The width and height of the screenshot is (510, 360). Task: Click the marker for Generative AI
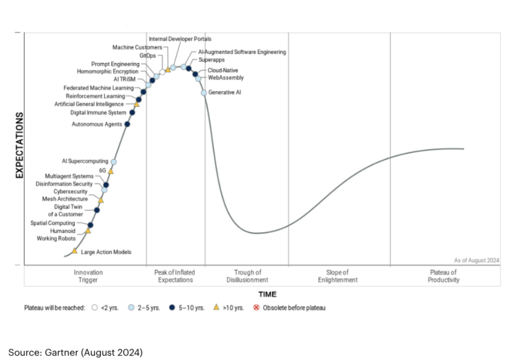(x=204, y=93)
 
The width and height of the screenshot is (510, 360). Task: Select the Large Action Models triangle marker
(x=75, y=251)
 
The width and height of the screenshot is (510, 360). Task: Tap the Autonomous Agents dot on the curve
(x=127, y=124)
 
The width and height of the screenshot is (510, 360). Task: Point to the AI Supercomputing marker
(x=114, y=162)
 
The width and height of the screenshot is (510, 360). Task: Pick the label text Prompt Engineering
(x=115, y=64)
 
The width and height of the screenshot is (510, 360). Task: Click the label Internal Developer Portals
(x=180, y=39)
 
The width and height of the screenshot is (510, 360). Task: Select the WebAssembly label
(x=226, y=78)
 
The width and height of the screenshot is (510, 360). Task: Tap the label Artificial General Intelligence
(x=89, y=104)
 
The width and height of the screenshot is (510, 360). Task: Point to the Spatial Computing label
(x=53, y=223)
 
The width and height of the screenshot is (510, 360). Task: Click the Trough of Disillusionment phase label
(x=247, y=276)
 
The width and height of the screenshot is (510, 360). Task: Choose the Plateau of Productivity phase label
(x=443, y=276)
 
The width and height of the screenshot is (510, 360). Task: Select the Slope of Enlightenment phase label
(x=338, y=276)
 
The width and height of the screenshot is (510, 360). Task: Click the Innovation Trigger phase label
(x=88, y=276)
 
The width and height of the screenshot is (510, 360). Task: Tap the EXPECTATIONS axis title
(x=20, y=145)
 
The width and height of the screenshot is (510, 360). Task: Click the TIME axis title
(x=267, y=294)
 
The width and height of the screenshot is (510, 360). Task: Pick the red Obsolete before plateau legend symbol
(x=256, y=308)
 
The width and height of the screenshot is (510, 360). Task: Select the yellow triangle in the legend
(x=216, y=307)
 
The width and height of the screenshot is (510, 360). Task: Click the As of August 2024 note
(x=476, y=260)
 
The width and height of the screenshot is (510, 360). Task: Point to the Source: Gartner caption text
(x=75, y=352)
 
